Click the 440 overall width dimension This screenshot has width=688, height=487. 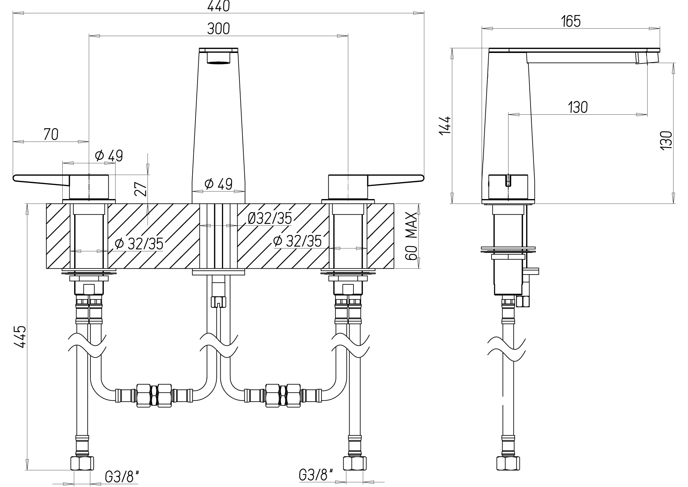click(218, 6)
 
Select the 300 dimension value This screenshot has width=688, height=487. click(218, 29)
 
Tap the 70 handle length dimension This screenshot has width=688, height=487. click(51, 134)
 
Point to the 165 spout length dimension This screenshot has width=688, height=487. click(571, 22)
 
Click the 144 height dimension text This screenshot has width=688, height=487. click(445, 125)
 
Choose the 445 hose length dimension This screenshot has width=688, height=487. click(20, 337)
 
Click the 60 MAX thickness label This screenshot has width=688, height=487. click(412, 236)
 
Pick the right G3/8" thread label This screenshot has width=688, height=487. click(316, 475)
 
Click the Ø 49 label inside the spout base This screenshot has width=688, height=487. click(218, 184)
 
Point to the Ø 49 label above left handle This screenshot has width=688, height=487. click(109, 156)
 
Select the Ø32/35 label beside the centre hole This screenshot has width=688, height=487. click(270, 218)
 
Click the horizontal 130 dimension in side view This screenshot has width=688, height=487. click(578, 107)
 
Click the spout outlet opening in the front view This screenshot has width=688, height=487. click(218, 62)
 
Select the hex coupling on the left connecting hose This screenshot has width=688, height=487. click(154, 395)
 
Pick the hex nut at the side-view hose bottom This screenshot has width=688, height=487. click(508, 463)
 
